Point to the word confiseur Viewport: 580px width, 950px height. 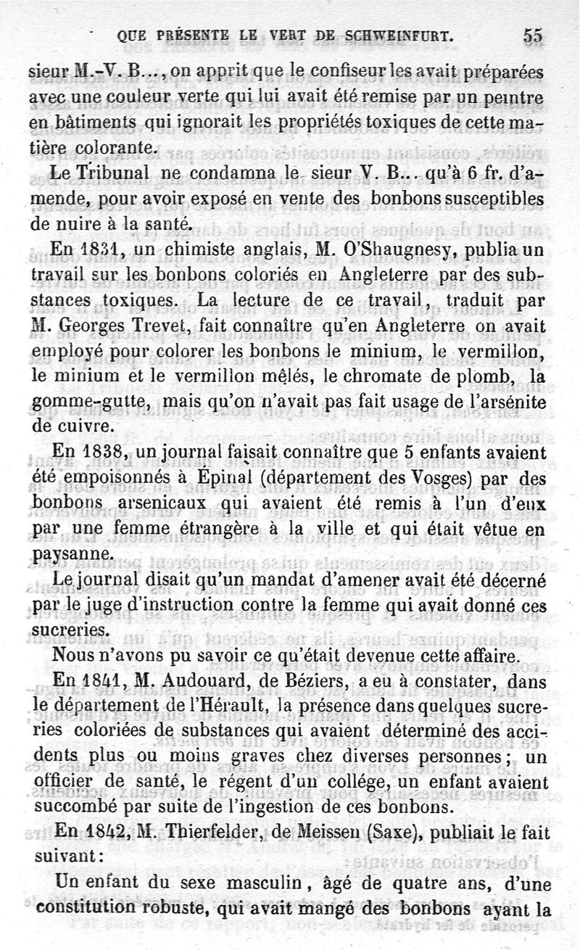(315, 73)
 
